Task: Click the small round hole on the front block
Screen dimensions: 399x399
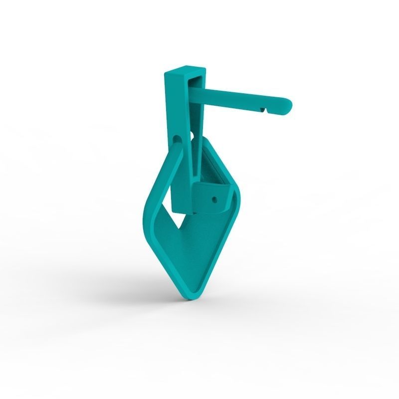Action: (x=215, y=199)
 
